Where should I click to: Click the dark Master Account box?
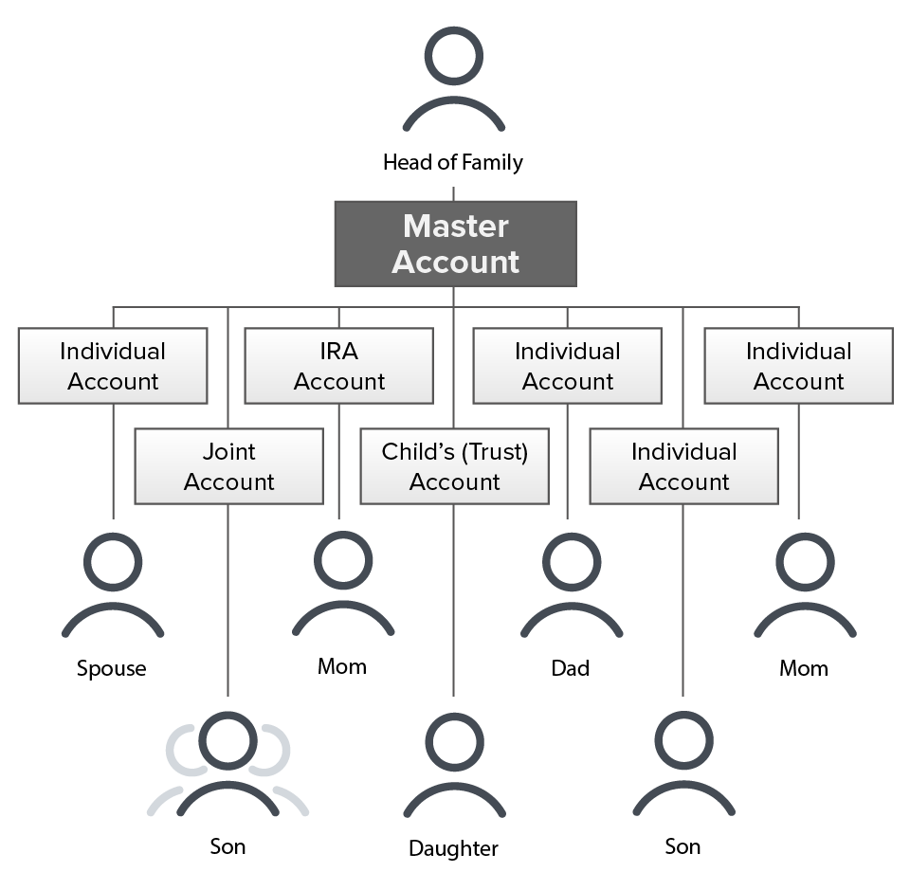tap(455, 244)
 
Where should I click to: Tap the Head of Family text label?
tap(452, 163)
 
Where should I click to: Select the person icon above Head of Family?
tap(453, 80)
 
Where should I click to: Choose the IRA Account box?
tap(339, 366)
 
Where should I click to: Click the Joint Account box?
tap(228, 466)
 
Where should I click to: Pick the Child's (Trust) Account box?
tap(454, 466)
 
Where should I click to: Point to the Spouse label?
tap(112, 668)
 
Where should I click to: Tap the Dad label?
tap(570, 668)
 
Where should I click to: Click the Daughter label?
tap(453, 847)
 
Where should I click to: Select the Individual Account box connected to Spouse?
tap(113, 366)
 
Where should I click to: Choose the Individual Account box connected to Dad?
tap(568, 366)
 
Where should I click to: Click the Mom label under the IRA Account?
tap(342, 666)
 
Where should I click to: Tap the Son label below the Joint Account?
tap(227, 845)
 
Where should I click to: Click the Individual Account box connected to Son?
tap(683, 466)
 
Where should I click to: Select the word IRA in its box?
tap(339, 352)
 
